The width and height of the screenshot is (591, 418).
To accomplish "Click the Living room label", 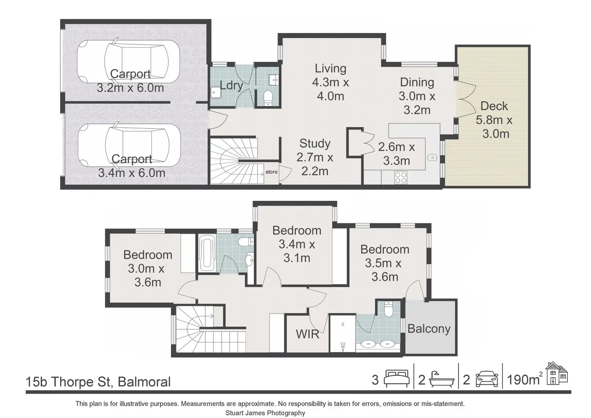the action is tap(330, 69).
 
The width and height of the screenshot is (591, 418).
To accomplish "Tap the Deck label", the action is tap(494, 106).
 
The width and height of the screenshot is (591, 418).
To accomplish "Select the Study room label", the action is tap(315, 144).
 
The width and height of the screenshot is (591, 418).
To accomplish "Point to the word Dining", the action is tap(417, 83).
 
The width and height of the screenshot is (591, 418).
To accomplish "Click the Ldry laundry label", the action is tap(231, 86).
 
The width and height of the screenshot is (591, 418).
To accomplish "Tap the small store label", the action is tap(271, 172).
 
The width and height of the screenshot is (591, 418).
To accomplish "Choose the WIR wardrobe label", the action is tap(308, 334).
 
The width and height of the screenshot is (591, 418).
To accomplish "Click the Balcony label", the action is tap(429, 329).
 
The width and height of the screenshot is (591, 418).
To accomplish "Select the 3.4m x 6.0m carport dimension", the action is tap(132, 173).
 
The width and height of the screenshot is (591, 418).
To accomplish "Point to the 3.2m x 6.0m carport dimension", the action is tap(130, 88).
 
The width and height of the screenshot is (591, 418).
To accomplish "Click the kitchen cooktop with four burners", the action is tap(401, 177).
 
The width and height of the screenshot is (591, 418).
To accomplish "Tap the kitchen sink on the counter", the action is tap(432, 157).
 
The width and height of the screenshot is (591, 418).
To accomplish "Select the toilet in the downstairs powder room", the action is tap(268, 98).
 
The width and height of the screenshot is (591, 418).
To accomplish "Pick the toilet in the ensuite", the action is tap(389, 309).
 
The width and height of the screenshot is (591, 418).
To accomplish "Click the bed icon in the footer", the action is tap(397, 379).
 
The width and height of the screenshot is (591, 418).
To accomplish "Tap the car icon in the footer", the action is tap(487, 379).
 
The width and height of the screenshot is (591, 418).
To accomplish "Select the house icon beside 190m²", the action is tap(557, 373).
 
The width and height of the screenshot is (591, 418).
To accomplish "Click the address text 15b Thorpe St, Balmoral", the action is tap(98, 382).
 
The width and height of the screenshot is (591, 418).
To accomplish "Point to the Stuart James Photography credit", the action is tap(265, 413).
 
